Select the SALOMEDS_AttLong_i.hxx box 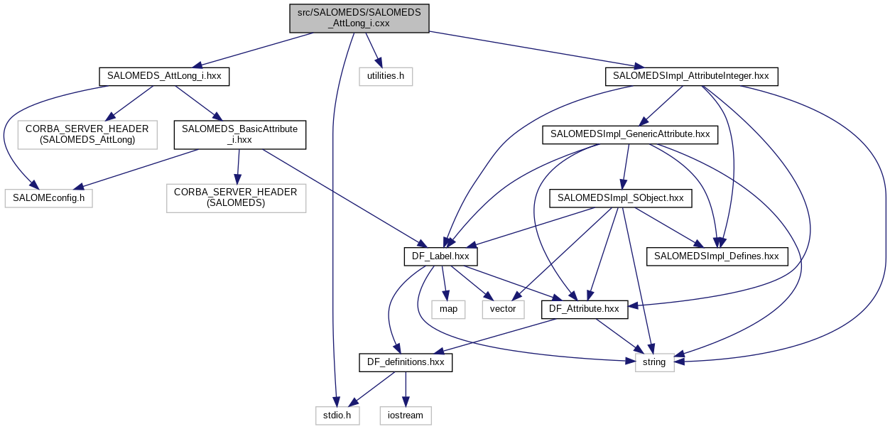pos(164,77)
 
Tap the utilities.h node pos(386,77)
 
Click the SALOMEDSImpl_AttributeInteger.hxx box pos(691,77)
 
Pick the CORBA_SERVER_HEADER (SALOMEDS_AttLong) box pos(87,135)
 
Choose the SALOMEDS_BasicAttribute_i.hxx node pos(240,135)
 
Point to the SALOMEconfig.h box pos(48,198)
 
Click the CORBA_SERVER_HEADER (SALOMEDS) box pos(236,198)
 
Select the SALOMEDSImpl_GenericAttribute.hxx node pos(629,134)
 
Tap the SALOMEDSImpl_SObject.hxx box pos(620,198)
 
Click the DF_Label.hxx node pos(440,256)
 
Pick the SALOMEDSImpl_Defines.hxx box pos(716,256)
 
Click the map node pos(448,309)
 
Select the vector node pos(503,309)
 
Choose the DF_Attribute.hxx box pos(585,309)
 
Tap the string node pos(653,362)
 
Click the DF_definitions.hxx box pos(406,362)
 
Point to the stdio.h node pos(337,415)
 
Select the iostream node pos(406,415)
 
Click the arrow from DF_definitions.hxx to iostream pos(406,389)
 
